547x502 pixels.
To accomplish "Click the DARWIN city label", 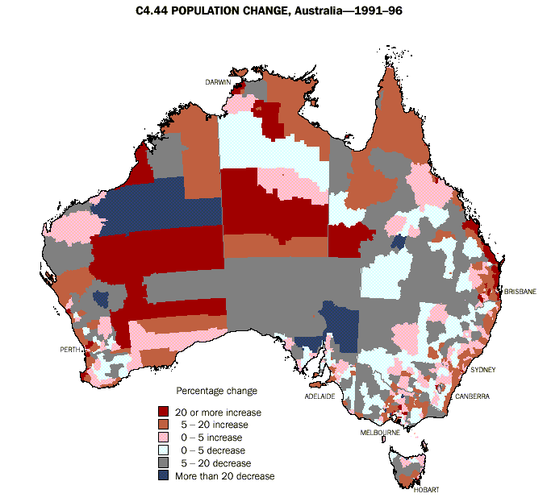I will [217, 82].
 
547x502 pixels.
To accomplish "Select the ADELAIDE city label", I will [319, 396].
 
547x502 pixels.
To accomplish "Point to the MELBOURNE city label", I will [379, 433].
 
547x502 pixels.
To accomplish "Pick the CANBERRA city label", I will [472, 396].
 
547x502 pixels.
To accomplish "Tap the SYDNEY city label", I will [483, 370].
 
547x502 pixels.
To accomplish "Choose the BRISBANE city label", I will [520, 291].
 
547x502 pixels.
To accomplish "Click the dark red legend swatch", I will [164, 412].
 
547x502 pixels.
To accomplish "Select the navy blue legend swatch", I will [164, 476].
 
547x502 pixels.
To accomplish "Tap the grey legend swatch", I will [164, 463].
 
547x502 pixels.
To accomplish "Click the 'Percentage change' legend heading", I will [217, 391].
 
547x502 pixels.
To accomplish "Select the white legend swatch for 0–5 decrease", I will [164, 450].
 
